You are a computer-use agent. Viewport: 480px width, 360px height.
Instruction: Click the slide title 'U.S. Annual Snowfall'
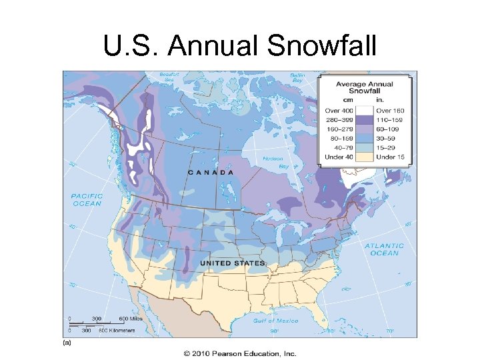click(239, 46)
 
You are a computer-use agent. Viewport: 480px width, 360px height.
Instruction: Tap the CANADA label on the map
click(211, 171)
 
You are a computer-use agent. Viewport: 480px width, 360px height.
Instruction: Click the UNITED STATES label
click(233, 263)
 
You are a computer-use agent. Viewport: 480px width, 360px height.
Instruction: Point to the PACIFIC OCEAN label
click(87, 199)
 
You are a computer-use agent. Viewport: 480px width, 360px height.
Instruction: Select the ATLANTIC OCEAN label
click(384, 249)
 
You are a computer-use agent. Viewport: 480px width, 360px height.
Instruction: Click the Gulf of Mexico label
click(275, 321)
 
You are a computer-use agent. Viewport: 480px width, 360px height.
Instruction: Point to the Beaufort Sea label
click(170, 78)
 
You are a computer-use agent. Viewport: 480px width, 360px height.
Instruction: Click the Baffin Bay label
click(297, 78)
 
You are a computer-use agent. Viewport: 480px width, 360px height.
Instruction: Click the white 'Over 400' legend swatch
click(365, 110)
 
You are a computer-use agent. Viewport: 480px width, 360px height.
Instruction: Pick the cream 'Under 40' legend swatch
click(365, 157)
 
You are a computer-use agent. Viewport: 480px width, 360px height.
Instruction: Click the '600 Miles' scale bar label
click(131, 318)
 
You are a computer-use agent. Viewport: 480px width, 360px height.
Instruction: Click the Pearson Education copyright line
click(239, 353)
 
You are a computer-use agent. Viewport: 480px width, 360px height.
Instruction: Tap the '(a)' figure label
click(67, 343)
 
